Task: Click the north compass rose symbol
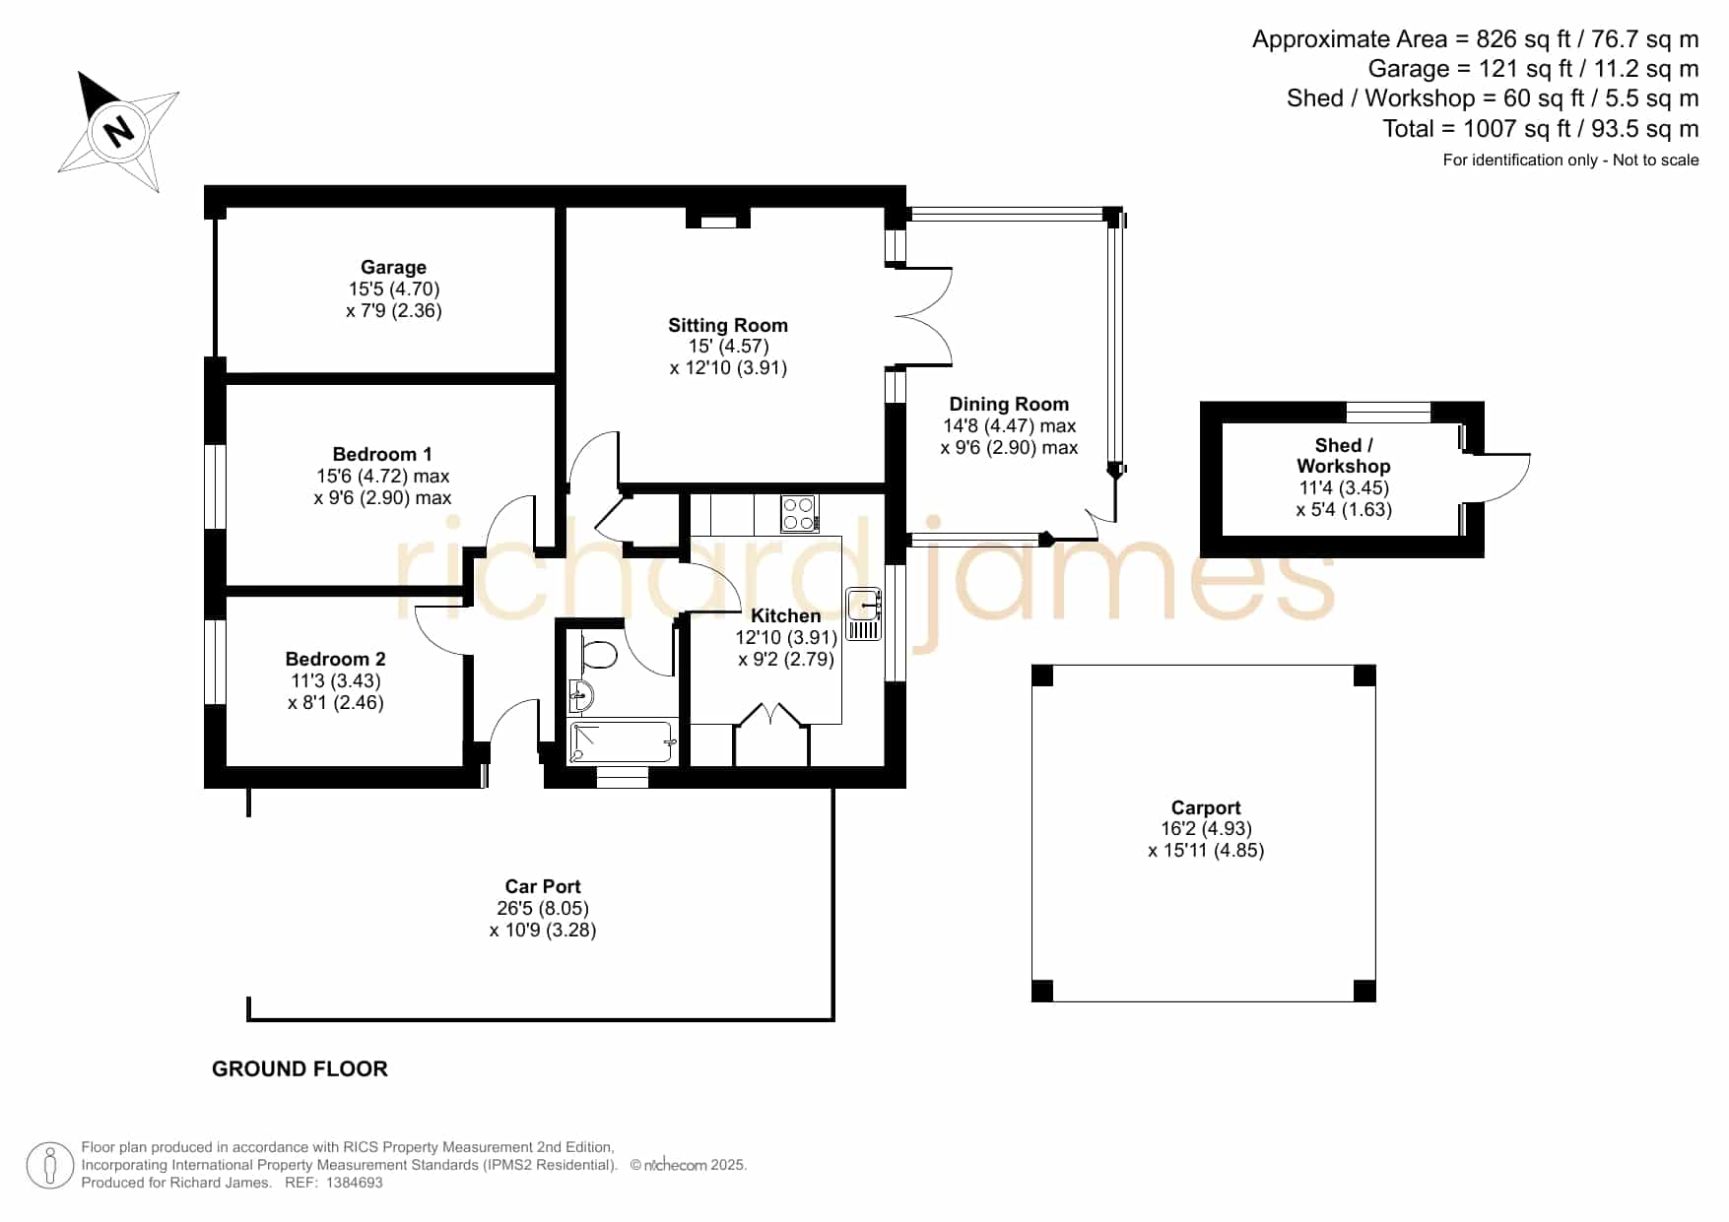click(x=119, y=130)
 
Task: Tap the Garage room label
click(x=393, y=267)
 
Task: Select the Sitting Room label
click(x=728, y=325)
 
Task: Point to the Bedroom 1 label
click(x=382, y=454)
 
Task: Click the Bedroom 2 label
click(x=335, y=659)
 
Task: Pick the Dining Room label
click(x=1009, y=404)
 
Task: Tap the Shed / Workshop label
click(x=1344, y=456)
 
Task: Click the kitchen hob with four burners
click(x=799, y=513)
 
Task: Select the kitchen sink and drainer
click(x=863, y=613)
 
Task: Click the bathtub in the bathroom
click(x=622, y=741)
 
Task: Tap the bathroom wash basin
click(x=580, y=696)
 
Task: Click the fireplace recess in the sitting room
click(x=718, y=219)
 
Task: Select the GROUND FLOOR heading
click(x=299, y=1068)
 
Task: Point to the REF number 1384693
click(x=354, y=1183)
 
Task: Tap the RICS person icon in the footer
click(x=49, y=1166)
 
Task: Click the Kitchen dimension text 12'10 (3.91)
click(x=785, y=637)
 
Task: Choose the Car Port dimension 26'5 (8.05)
click(x=543, y=908)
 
